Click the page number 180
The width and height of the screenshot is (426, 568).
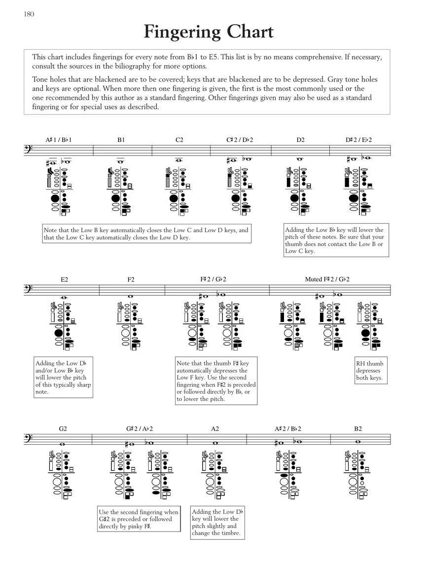(29, 14)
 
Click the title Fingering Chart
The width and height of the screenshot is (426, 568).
(209, 32)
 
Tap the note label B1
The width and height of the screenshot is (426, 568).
(121, 140)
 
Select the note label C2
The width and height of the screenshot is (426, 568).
(179, 140)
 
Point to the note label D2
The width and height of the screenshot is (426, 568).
(300, 140)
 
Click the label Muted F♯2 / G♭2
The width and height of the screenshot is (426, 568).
(327, 280)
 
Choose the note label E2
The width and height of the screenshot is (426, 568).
(65, 280)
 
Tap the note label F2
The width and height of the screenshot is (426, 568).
(131, 280)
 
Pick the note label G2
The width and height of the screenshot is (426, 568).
(63, 429)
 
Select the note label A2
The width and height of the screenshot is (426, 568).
(215, 429)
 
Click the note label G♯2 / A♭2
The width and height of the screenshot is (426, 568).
(140, 429)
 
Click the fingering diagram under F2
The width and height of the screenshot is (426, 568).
(131, 326)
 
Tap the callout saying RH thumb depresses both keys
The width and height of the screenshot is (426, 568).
(369, 371)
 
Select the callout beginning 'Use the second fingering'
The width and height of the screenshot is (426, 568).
(139, 519)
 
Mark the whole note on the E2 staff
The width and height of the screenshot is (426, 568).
(65, 297)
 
